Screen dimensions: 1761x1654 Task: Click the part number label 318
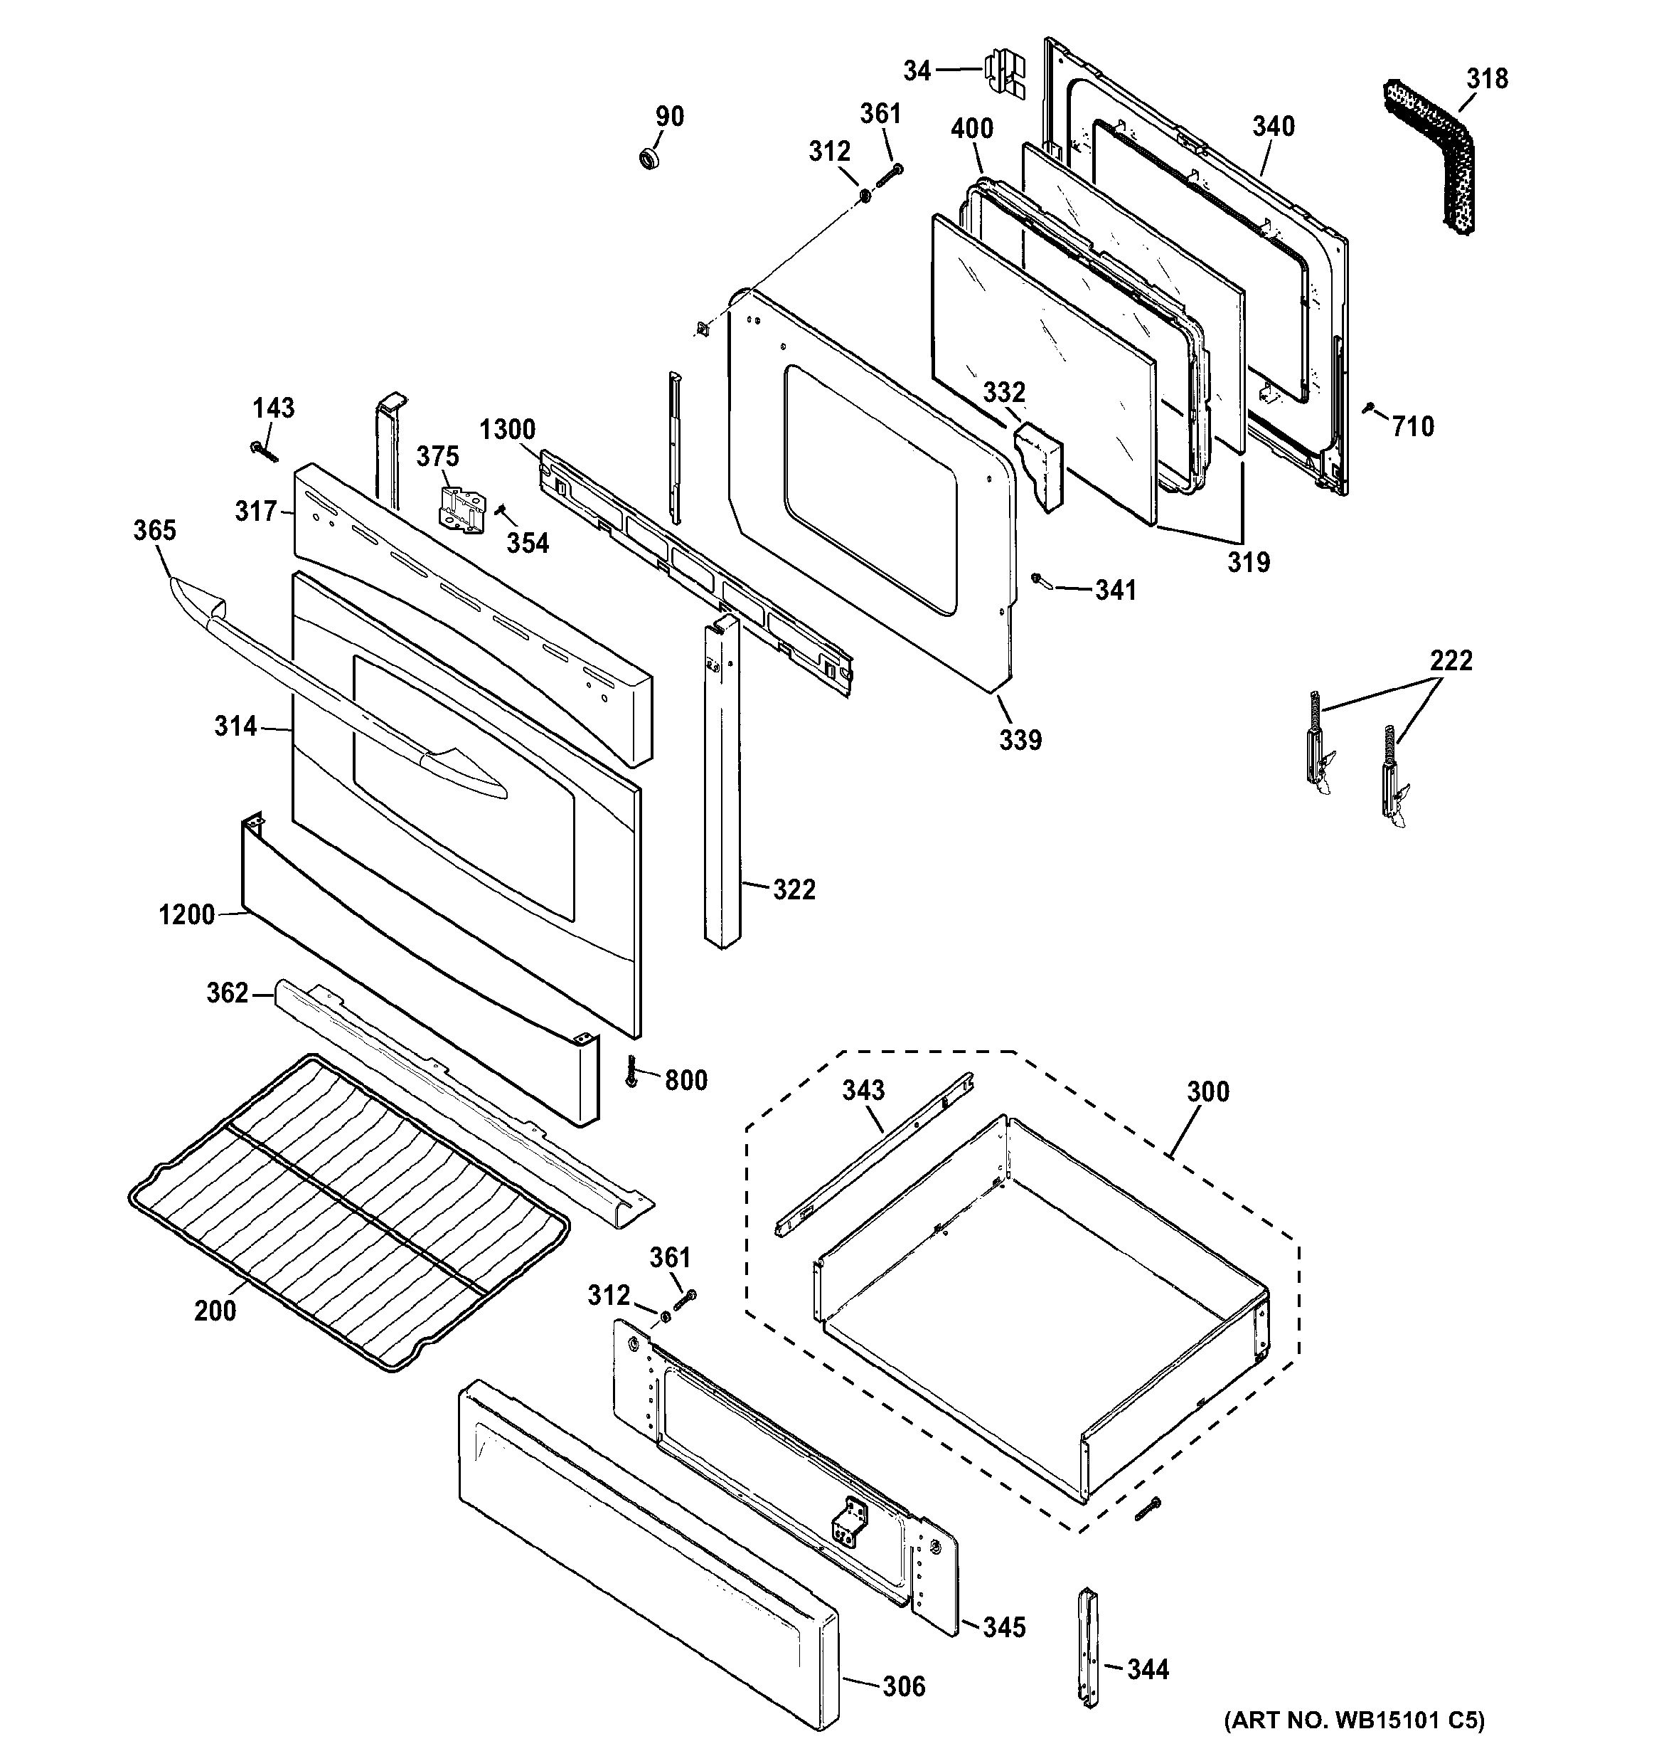tap(1487, 79)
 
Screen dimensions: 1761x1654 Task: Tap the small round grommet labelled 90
tap(651, 159)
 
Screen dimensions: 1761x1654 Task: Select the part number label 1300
tap(507, 430)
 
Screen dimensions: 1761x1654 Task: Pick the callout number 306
tap(903, 1686)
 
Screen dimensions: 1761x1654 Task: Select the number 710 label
tap(1412, 427)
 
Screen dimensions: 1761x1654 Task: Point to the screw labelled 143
tap(264, 452)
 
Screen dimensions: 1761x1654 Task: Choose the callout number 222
tap(1451, 660)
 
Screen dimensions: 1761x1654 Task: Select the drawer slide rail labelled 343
tap(875, 1154)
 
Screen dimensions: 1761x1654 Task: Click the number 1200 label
tap(187, 914)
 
